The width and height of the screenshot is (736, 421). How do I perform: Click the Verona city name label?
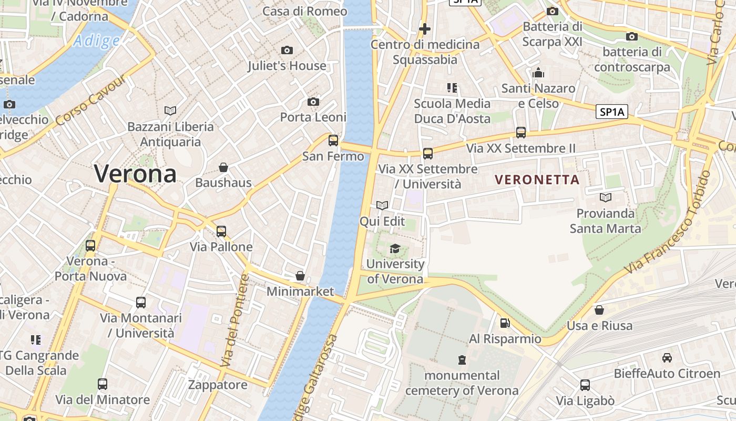click(135, 174)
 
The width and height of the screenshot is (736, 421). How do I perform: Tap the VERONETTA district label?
click(537, 179)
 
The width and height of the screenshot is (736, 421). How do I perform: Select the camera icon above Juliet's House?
click(287, 50)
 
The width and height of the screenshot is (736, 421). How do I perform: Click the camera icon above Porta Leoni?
click(313, 102)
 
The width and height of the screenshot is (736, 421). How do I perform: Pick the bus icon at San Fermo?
click(333, 141)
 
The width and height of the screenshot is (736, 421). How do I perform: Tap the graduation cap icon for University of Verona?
click(395, 248)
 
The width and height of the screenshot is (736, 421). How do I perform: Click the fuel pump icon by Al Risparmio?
click(505, 323)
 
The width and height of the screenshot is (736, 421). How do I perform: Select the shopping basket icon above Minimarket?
click(300, 276)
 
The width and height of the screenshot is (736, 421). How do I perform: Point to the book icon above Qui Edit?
click(382, 206)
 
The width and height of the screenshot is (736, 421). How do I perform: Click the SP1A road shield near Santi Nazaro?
click(612, 112)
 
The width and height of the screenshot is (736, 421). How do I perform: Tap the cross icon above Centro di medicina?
click(425, 29)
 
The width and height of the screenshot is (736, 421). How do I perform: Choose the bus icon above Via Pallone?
click(221, 231)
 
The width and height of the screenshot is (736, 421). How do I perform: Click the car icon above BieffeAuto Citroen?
click(667, 358)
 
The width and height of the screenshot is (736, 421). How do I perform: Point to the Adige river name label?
click(97, 40)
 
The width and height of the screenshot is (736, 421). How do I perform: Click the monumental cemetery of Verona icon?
click(462, 360)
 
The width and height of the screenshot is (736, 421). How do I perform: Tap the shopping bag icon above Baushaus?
click(223, 167)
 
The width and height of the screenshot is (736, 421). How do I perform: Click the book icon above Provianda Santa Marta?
click(606, 197)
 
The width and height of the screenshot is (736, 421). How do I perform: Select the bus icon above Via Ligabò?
click(585, 385)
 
